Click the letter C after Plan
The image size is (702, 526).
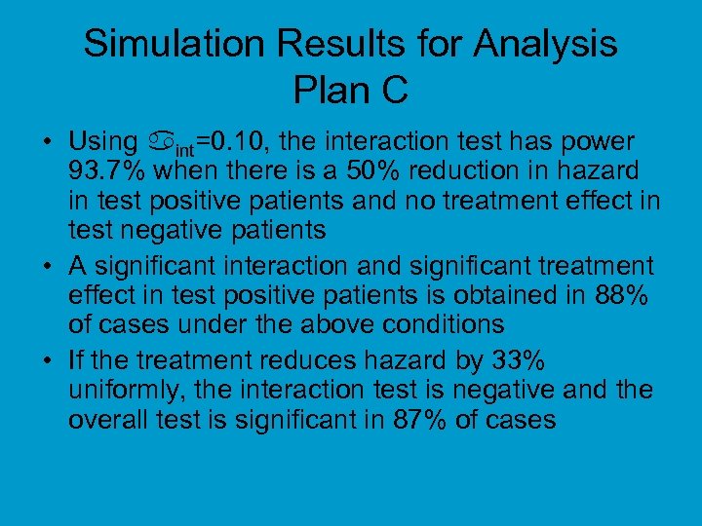pos(393,91)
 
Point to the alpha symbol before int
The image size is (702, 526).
pos(161,143)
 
